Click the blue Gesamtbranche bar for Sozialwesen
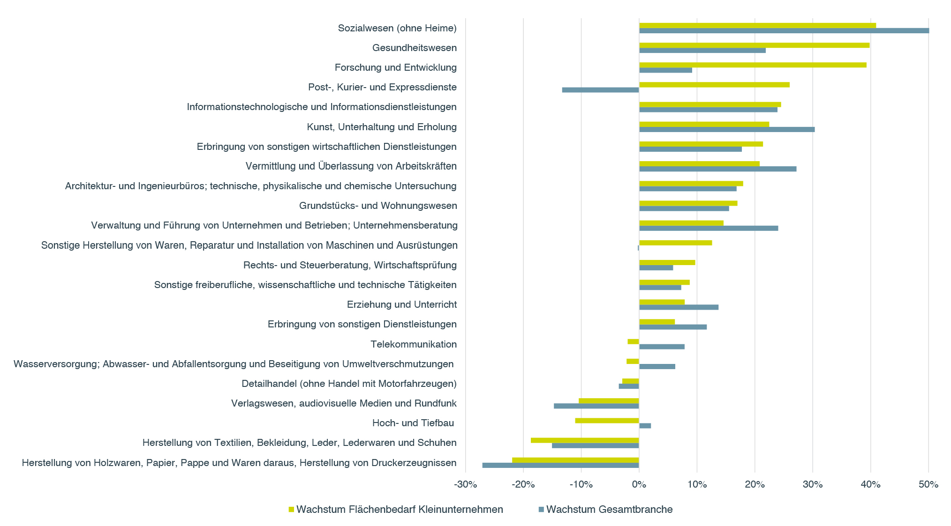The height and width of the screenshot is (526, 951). (784, 31)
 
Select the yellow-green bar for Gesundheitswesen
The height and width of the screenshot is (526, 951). (754, 45)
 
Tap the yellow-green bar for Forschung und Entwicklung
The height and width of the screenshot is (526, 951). (752, 65)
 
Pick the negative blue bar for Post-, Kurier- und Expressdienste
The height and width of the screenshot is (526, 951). (600, 90)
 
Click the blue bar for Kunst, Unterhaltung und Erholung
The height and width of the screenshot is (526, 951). (726, 129)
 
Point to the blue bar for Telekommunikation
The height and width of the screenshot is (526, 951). (662, 347)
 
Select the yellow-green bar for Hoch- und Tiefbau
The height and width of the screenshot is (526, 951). (607, 421)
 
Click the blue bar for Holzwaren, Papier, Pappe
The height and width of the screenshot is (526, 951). (560, 465)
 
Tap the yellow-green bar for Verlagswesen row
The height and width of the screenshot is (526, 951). (609, 400)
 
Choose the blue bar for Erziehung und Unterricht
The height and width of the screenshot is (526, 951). (679, 307)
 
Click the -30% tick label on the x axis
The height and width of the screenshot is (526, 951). (465, 485)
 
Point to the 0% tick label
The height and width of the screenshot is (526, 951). (639, 485)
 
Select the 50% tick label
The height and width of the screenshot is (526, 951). (928, 485)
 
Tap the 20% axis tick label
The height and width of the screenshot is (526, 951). (755, 485)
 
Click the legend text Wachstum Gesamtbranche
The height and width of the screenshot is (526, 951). (609, 510)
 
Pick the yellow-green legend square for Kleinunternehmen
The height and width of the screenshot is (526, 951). (291, 510)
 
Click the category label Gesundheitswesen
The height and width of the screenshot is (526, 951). (415, 48)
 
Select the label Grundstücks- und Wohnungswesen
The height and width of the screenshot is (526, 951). (378, 206)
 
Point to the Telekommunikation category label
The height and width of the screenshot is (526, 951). (414, 344)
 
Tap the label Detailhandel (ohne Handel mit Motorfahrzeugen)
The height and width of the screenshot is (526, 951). (349, 384)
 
